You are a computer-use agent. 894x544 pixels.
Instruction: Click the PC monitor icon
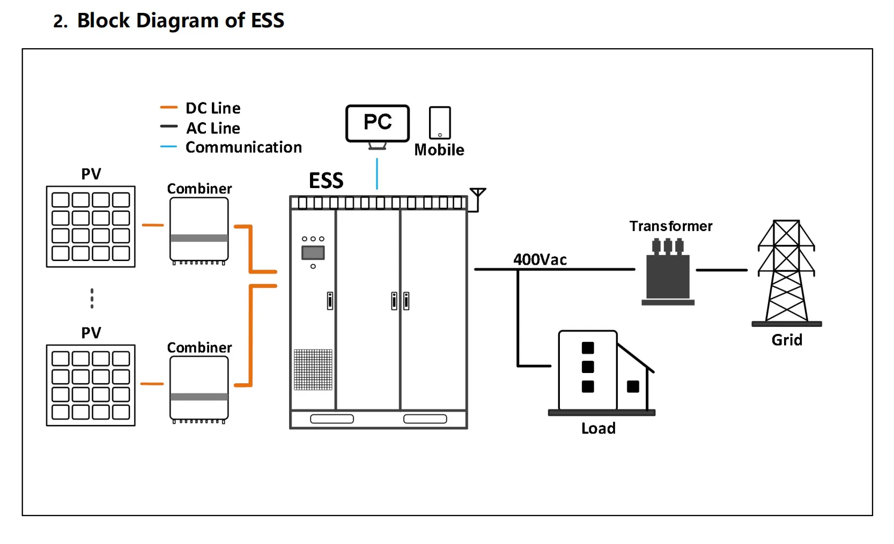click(378, 124)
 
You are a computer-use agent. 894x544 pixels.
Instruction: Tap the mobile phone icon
click(440, 123)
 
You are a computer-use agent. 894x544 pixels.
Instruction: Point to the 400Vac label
click(540, 259)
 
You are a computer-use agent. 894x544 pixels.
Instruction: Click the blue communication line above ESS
click(377, 173)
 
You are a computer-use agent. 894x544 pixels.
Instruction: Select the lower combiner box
click(199, 389)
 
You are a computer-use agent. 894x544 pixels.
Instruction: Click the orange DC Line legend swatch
click(168, 108)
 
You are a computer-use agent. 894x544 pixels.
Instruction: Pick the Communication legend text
click(243, 147)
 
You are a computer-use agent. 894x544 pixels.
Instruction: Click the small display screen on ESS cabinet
click(313, 252)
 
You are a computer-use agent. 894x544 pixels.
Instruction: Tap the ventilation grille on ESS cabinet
click(313, 369)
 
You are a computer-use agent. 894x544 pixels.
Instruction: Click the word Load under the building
click(598, 428)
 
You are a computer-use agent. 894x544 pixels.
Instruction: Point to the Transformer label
click(670, 226)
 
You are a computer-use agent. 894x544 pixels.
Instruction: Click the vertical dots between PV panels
click(92, 298)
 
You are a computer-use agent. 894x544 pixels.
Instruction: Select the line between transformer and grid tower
click(721, 270)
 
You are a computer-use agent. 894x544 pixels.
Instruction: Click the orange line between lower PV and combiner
click(152, 384)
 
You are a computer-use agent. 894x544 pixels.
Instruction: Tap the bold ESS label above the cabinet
click(326, 181)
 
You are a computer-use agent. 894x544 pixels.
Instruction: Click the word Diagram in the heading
click(178, 21)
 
